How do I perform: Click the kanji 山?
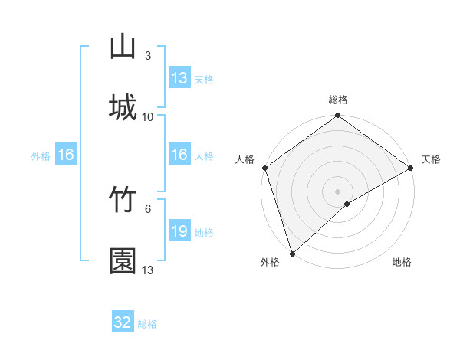[x=123, y=47]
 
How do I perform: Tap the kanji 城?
[x=123, y=107]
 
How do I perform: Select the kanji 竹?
[x=123, y=200]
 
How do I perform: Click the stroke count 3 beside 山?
[x=148, y=55]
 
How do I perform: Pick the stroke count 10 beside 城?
[x=148, y=116]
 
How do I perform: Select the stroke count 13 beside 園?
[x=148, y=270]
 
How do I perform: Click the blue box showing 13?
[x=179, y=78]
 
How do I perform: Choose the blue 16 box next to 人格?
[x=179, y=155]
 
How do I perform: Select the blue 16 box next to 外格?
[x=66, y=155]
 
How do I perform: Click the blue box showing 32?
[x=123, y=323]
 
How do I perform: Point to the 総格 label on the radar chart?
[x=338, y=100]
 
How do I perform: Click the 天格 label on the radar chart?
[x=431, y=159]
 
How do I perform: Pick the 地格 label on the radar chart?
[x=402, y=262]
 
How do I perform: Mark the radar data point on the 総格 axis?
[x=338, y=116]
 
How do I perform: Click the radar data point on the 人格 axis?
[x=264, y=168]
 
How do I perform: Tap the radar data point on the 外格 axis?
[x=292, y=253]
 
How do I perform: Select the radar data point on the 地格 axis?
[x=347, y=204]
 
